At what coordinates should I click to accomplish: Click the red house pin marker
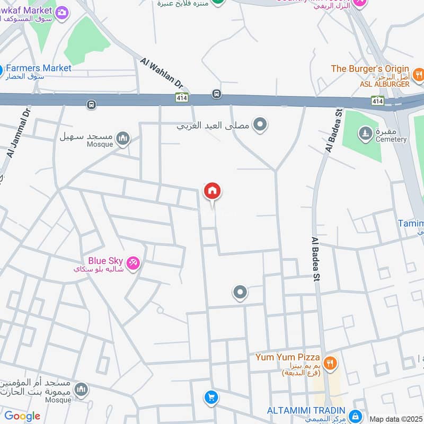[212, 191]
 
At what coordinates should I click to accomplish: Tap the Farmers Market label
[38, 68]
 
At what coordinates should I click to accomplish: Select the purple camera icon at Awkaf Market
[62, 12]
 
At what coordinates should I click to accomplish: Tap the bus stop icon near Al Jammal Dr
[92, 104]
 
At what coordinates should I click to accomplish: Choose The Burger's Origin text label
[370, 69]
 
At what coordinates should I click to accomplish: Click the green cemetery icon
[365, 131]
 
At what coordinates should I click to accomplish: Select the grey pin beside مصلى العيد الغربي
[260, 125]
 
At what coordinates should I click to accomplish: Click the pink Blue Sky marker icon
[133, 262]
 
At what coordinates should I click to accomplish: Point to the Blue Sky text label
[105, 261]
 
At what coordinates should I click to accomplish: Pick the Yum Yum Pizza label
[287, 357]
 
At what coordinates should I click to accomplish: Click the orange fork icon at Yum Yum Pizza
[330, 363]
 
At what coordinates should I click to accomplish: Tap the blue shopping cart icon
[211, 397]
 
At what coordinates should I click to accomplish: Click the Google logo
[22, 416]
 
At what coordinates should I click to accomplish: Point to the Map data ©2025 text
[395, 419]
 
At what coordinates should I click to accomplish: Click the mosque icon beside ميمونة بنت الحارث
[81, 390]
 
